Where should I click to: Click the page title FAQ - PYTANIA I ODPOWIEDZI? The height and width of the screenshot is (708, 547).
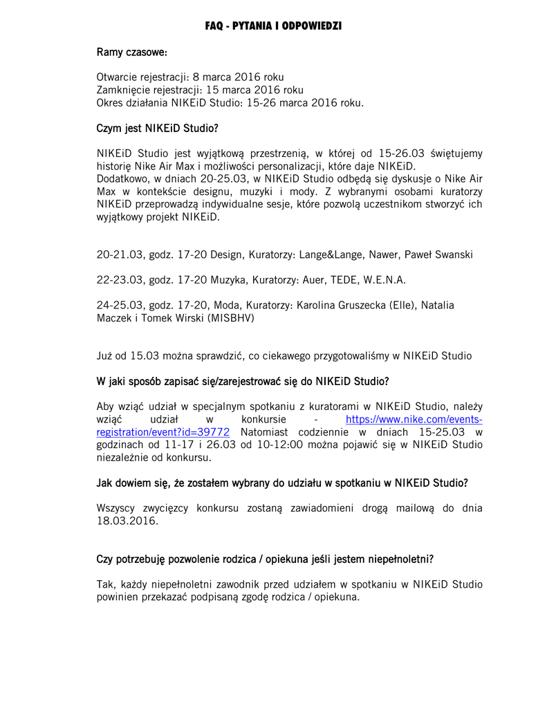(x=273, y=26)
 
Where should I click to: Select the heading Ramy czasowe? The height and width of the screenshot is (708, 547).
(x=131, y=53)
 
